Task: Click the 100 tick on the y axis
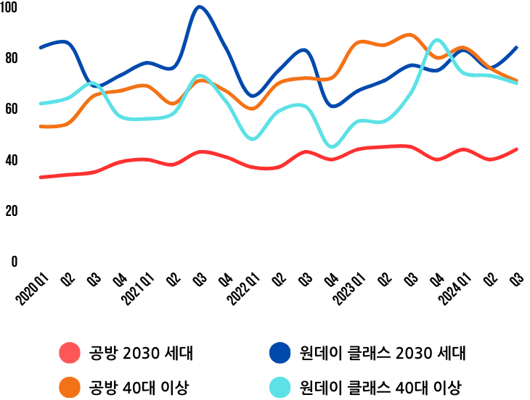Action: pos(9,8)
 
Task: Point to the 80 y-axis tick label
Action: pos(9,58)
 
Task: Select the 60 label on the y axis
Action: pos(9,109)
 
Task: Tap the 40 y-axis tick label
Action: pos(9,159)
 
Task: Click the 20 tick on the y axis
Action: pos(9,211)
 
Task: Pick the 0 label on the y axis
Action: pos(13,262)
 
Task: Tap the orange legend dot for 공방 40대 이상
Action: pos(69,387)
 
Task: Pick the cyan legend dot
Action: pos(280,387)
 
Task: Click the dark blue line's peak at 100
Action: pos(200,7)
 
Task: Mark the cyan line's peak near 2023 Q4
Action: pos(437,40)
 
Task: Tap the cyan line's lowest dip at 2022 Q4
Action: pos(332,147)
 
